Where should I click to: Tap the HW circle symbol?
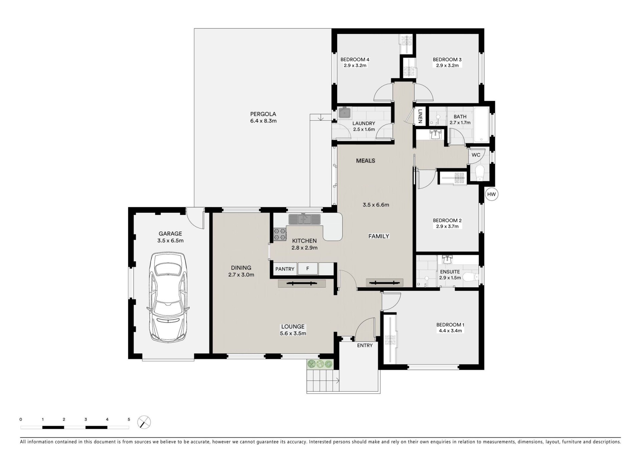point(491,194)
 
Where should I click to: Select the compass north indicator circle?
point(144,422)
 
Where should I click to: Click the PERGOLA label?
point(263,114)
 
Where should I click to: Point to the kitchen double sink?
point(304,219)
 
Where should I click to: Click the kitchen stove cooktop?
point(280,234)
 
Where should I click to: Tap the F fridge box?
point(307,269)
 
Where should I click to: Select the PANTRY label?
point(285,269)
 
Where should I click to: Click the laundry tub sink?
point(344,113)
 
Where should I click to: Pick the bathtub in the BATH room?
point(481,125)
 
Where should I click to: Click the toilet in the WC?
point(479,172)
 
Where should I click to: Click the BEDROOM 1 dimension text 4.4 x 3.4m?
point(450,331)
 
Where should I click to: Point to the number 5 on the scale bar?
point(129,419)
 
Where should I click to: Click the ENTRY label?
point(365,345)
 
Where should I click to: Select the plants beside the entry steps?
point(320,364)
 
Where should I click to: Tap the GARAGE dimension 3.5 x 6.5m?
point(170,240)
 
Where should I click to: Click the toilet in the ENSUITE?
point(471,277)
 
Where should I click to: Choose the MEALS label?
point(366,161)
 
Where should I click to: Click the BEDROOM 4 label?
point(355,60)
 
